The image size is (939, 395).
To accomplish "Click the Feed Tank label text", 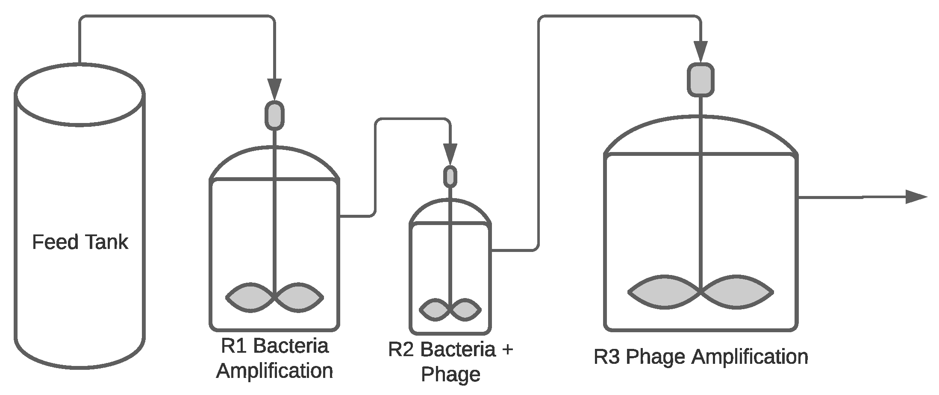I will click(80, 242).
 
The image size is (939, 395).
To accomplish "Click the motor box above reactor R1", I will click(274, 115).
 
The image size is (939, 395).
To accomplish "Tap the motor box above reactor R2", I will click(450, 176).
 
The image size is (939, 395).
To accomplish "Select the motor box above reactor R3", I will click(701, 79).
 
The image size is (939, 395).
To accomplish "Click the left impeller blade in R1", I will click(250, 297).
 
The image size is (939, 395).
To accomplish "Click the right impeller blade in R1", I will click(299, 297).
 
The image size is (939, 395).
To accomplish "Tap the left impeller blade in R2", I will click(435, 310).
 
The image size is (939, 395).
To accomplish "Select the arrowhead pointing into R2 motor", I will click(450, 153).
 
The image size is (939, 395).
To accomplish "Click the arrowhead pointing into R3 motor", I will click(701, 51).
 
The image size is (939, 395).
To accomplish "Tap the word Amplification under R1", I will click(274, 371).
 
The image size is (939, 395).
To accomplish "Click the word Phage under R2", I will click(450, 375).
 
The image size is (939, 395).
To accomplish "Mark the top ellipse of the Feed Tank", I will click(79, 95).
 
